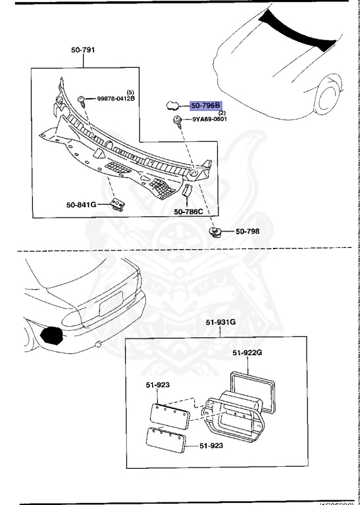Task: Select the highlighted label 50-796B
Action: point(206,105)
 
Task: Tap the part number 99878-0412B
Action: point(116,98)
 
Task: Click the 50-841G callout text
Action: point(81,204)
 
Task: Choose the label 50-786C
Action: point(188,212)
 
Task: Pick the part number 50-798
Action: point(249,231)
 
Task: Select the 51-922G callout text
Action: point(247,352)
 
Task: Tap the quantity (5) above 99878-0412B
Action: point(130,91)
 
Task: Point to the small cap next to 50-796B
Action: point(172,105)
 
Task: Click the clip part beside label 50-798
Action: point(215,232)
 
